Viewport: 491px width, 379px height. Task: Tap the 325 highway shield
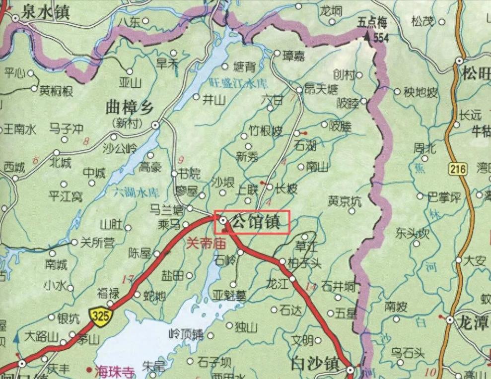click(x=101, y=316)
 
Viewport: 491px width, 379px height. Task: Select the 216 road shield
click(x=458, y=170)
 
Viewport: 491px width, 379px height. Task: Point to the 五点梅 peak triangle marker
click(x=367, y=36)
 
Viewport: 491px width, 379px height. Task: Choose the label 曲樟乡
click(x=130, y=107)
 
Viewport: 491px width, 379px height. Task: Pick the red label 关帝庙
click(x=206, y=244)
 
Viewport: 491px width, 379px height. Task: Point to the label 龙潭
click(x=474, y=323)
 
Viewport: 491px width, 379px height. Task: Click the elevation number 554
click(x=381, y=39)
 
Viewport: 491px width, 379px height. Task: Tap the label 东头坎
click(x=412, y=233)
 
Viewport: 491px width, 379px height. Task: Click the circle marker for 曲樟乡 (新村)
click(x=155, y=126)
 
